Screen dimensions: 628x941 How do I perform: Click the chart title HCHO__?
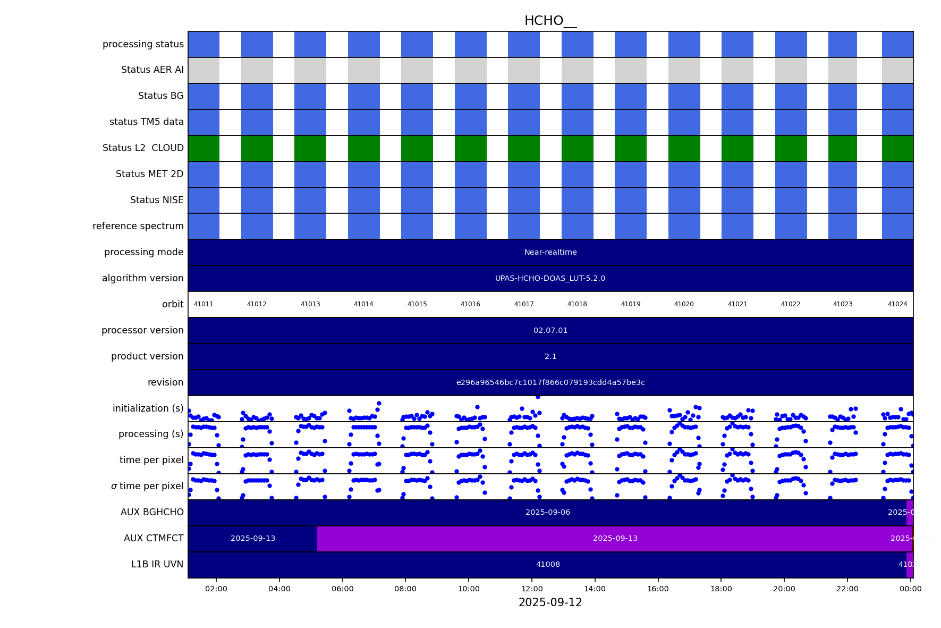pos(550,21)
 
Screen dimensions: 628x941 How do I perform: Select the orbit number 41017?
pos(524,304)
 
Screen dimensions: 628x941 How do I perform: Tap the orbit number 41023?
pos(842,304)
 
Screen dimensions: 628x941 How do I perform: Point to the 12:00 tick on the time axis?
pos(532,589)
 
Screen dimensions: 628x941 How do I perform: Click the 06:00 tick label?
pos(342,589)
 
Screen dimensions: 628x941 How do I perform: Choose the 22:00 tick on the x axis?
pos(847,589)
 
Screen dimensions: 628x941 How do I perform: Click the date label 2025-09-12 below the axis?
pos(550,602)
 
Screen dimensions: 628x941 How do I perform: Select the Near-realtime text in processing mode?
pos(550,252)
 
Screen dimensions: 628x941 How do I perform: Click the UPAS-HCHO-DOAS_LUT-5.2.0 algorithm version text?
pos(550,278)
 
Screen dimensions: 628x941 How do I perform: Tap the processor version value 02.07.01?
pos(550,330)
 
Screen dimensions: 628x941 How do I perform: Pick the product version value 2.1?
pos(550,356)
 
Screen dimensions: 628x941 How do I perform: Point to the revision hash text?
pos(550,382)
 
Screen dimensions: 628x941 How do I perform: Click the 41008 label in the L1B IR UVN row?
pos(548,564)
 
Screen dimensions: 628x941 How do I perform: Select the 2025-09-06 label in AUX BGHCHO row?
pos(548,512)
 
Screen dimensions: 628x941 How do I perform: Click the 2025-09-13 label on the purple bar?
pos(615,538)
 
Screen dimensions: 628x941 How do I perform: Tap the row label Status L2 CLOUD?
pos(143,148)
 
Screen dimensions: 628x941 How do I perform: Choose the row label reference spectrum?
pos(138,226)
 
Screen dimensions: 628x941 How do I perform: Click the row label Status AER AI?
pos(152,70)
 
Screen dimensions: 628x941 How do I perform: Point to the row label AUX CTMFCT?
pos(154,538)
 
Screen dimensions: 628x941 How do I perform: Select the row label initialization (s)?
pos(148,408)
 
